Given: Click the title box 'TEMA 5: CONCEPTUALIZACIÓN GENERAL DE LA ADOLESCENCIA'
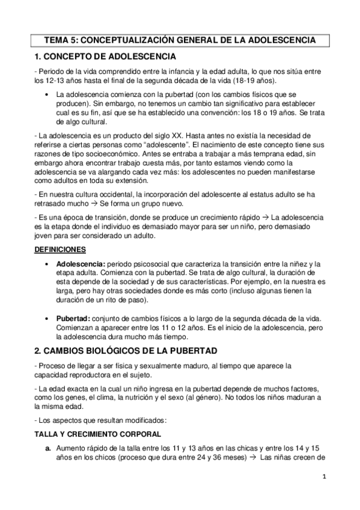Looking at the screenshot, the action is click(180, 41).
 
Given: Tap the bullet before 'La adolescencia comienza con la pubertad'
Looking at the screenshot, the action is click(47, 96).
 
